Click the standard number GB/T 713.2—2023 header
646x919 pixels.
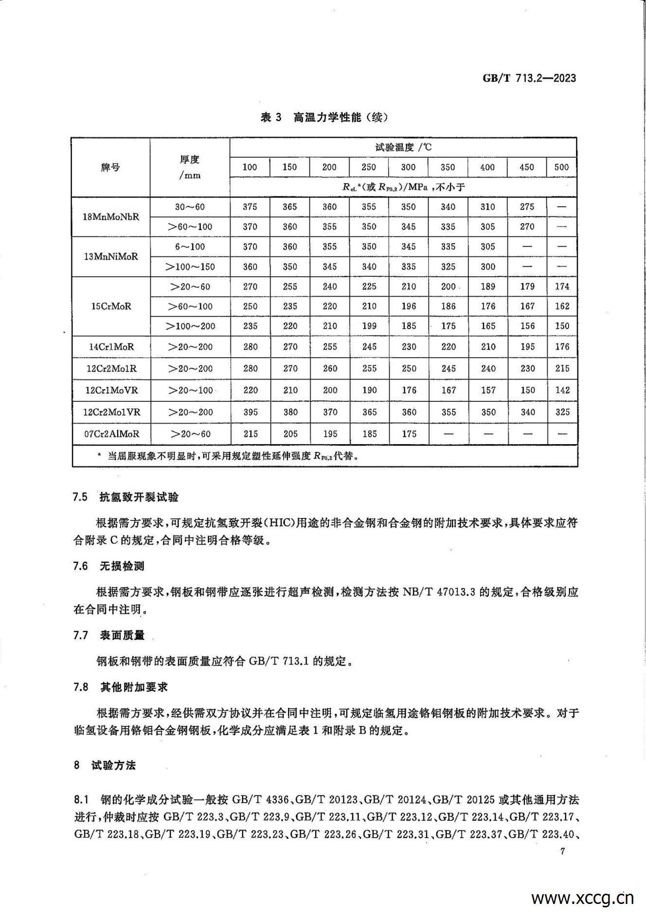tap(529, 78)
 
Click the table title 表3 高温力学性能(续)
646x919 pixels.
tap(324, 117)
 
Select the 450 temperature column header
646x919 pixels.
tap(527, 167)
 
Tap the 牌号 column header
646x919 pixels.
tap(110, 167)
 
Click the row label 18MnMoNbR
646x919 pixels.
tap(111, 217)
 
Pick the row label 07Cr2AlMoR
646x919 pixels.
tap(111, 433)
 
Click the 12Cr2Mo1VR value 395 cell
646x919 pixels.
tap(250, 412)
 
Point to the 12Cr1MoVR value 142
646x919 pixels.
tap(562, 390)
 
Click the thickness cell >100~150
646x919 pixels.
tap(190, 267)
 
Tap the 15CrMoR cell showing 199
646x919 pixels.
tap(369, 326)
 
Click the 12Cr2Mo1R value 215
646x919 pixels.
tap(562, 368)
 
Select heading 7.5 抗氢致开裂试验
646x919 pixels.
tap(126, 497)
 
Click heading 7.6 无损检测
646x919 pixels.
tap(109, 566)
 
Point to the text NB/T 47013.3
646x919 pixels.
tap(438, 592)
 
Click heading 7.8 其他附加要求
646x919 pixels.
tap(120, 687)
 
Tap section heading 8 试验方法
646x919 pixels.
tap(105, 765)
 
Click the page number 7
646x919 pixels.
tap(562, 851)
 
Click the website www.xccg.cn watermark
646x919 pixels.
tap(582, 898)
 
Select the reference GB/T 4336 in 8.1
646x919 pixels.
tap(261, 799)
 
